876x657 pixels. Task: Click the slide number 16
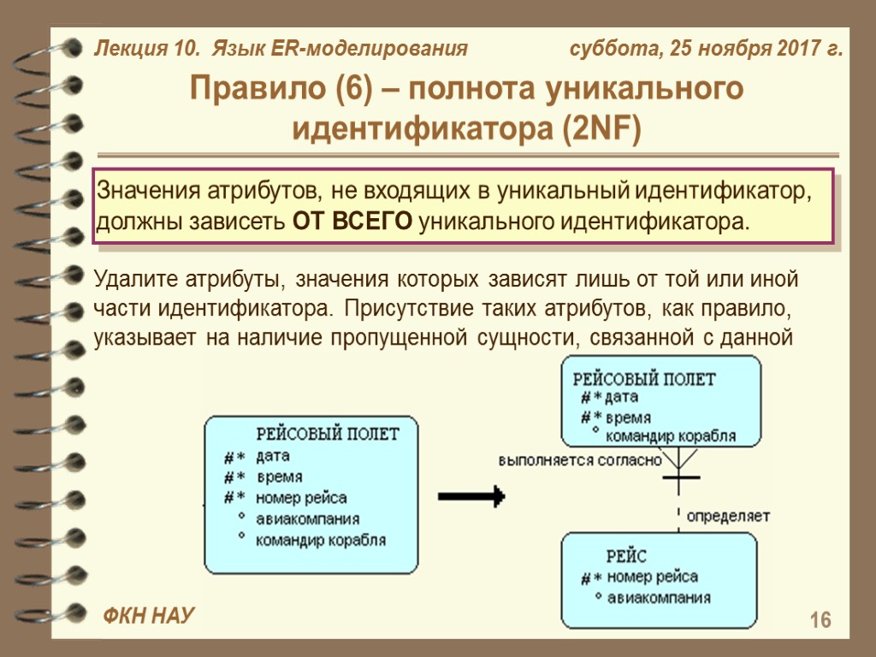click(x=820, y=620)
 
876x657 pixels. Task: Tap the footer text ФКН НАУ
click(x=149, y=615)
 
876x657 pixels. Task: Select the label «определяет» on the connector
click(x=728, y=517)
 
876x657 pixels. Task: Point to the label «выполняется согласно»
click(x=580, y=460)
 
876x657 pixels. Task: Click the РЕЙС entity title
click(x=626, y=556)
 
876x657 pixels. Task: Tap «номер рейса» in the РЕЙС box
click(x=652, y=577)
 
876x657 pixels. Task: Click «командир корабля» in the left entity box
click(x=321, y=540)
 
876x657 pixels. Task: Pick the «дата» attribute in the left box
click(x=273, y=456)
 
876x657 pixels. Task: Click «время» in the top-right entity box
click(x=628, y=418)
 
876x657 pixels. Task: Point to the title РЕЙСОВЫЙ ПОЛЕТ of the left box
click(x=328, y=434)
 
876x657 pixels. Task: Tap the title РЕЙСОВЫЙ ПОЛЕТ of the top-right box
click(x=643, y=378)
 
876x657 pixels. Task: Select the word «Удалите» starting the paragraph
click(x=137, y=279)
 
